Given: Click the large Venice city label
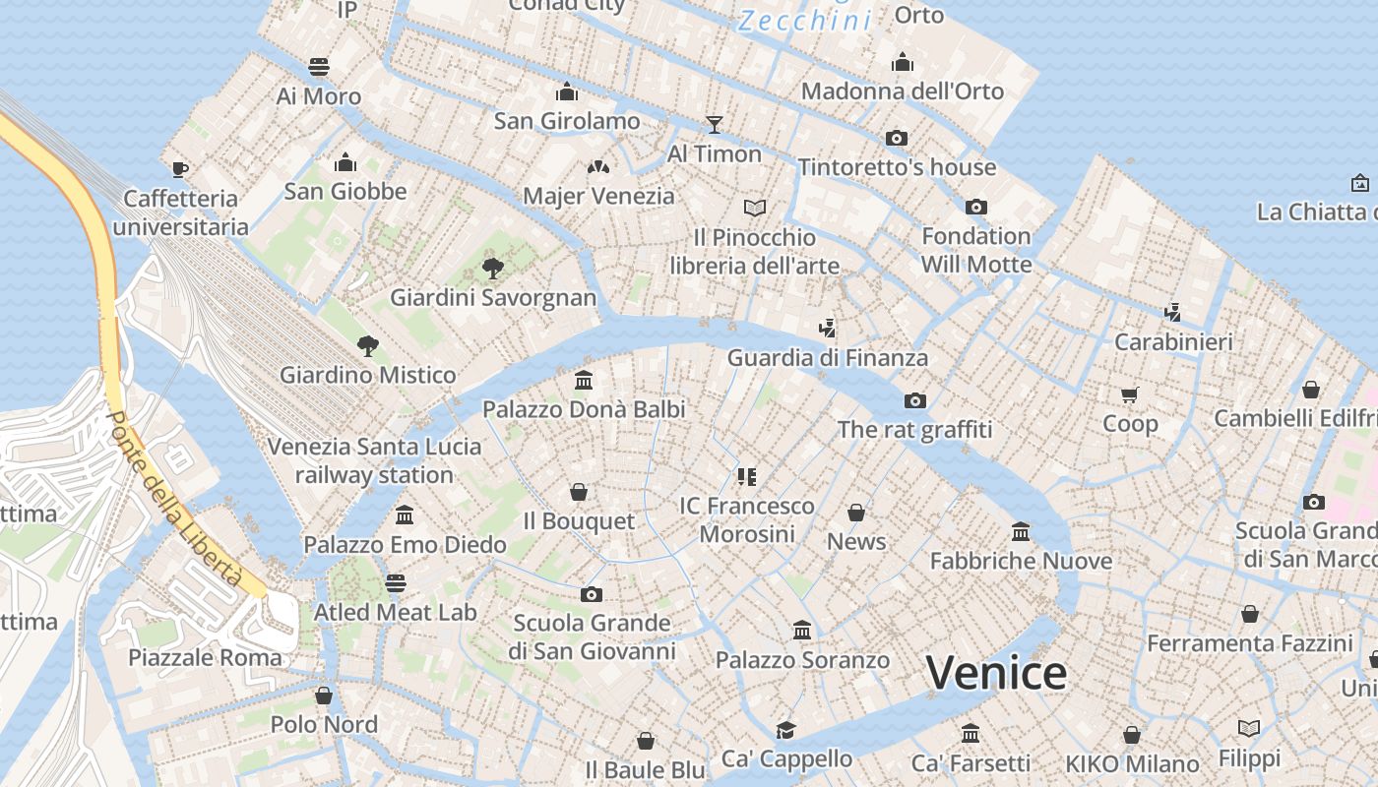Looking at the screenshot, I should (996, 674).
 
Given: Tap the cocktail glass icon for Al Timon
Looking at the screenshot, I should (715, 124).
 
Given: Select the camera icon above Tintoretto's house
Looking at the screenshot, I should (896, 138).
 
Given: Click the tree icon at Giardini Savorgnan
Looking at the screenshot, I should (493, 268).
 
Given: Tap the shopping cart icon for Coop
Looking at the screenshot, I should (1130, 394).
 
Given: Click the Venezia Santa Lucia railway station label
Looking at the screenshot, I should (374, 460).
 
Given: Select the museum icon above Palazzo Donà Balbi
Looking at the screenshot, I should (584, 380).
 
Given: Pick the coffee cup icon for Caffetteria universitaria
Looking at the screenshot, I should (180, 169).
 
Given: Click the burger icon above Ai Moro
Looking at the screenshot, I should (319, 67).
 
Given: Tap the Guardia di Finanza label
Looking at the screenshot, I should (827, 358).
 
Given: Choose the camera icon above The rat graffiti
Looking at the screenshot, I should (915, 400).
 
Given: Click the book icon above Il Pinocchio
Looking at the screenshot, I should (755, 208).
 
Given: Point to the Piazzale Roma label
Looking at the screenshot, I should (205, 657).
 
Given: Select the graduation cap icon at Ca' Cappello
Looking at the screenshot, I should (785, 729).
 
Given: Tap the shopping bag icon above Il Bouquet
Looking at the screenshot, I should (579, 491).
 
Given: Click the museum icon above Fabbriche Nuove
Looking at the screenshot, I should (1021, 531).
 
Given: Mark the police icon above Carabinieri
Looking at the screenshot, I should (1172, 313).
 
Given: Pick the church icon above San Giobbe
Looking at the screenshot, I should (345, 161).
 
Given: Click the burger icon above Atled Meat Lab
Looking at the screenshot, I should (396, 583).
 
